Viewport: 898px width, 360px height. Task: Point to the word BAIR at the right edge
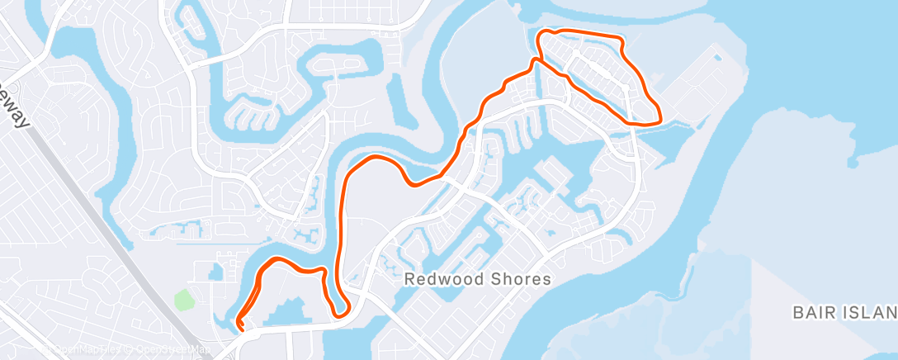(815, 313)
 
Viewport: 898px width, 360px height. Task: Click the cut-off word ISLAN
(872, 313)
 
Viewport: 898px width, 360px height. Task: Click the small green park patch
(182, 299)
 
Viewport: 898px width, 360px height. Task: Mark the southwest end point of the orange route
(240, 324)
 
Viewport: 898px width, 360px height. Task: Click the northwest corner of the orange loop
(543, 34)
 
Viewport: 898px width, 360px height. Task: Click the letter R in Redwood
(409, 279)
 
